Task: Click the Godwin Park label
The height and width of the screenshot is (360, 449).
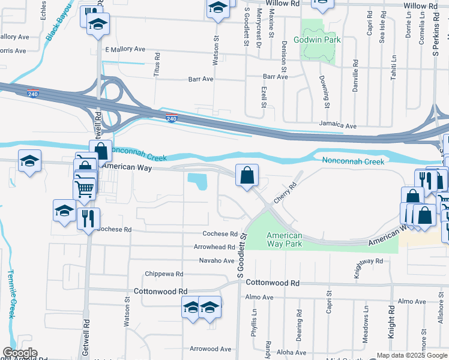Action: (317, 40)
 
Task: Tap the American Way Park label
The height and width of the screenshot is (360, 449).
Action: (285, 239)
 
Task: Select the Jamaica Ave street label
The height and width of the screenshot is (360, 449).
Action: (338, 126)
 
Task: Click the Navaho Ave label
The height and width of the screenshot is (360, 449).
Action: (217, 260)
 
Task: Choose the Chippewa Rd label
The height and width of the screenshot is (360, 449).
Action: (164, 274)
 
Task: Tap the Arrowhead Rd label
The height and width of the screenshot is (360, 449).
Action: (214, 247)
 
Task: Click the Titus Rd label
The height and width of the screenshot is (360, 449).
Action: (157, 63)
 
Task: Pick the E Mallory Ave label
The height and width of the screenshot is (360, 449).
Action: (125, 49)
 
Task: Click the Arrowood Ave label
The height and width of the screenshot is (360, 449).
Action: (210, 349)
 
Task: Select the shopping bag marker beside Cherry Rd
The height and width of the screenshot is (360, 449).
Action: (247, 176)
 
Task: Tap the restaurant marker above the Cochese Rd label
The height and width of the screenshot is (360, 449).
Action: (88, 218)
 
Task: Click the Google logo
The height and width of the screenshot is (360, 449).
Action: (20, 353)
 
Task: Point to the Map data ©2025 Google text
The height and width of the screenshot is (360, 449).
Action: (412, 355)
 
